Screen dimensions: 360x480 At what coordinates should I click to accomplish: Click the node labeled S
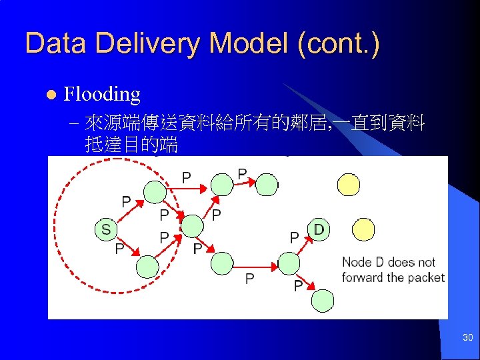106,230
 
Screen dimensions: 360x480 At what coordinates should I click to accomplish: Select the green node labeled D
319,230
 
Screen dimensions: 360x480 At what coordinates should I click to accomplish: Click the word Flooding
101,94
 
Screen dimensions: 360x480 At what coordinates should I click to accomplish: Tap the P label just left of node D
293,237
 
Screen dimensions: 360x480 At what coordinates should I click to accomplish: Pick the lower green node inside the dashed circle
147,267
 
